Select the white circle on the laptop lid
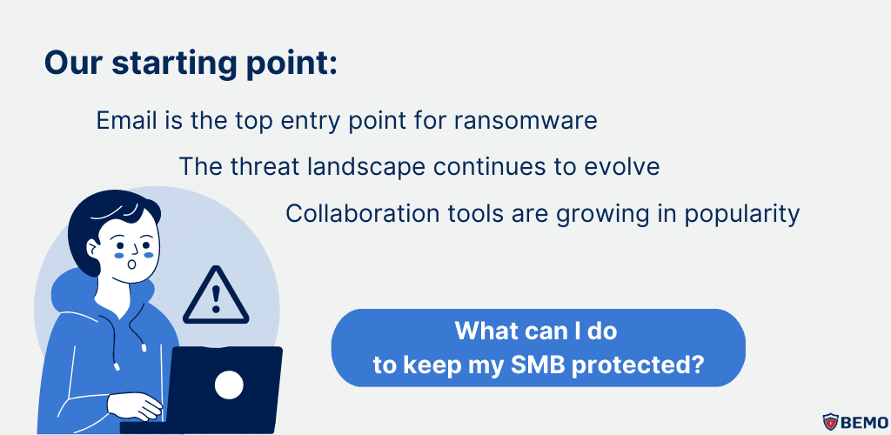pyautogui.click(x=229, y=384)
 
